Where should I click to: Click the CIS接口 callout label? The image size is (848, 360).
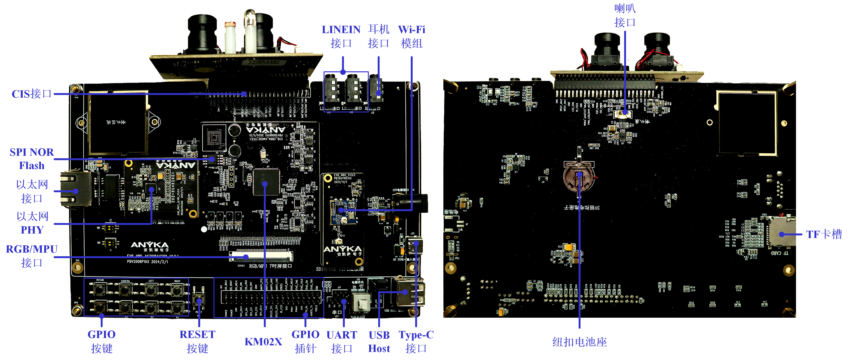pyautogui.click(x=32, y=94)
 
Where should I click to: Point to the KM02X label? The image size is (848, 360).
pyautogui.click(x=263, y=342)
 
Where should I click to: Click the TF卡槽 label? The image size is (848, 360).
pyautogui.click(x=824, y=234)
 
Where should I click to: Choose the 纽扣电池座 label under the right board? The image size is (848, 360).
pyautogui.click(x=579, y=342)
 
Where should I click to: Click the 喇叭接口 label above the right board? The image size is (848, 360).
pyautogui.click(x=625, y=15)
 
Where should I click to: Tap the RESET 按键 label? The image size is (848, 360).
pyautogui.click(x=198, y=341)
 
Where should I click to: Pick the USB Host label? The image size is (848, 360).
pyautogui.click(x=379, y=342)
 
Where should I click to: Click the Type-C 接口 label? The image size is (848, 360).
pyautogui.click(x=416, y=341)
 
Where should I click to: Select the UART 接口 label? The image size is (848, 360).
pyautogui.click(x=342, y=341)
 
